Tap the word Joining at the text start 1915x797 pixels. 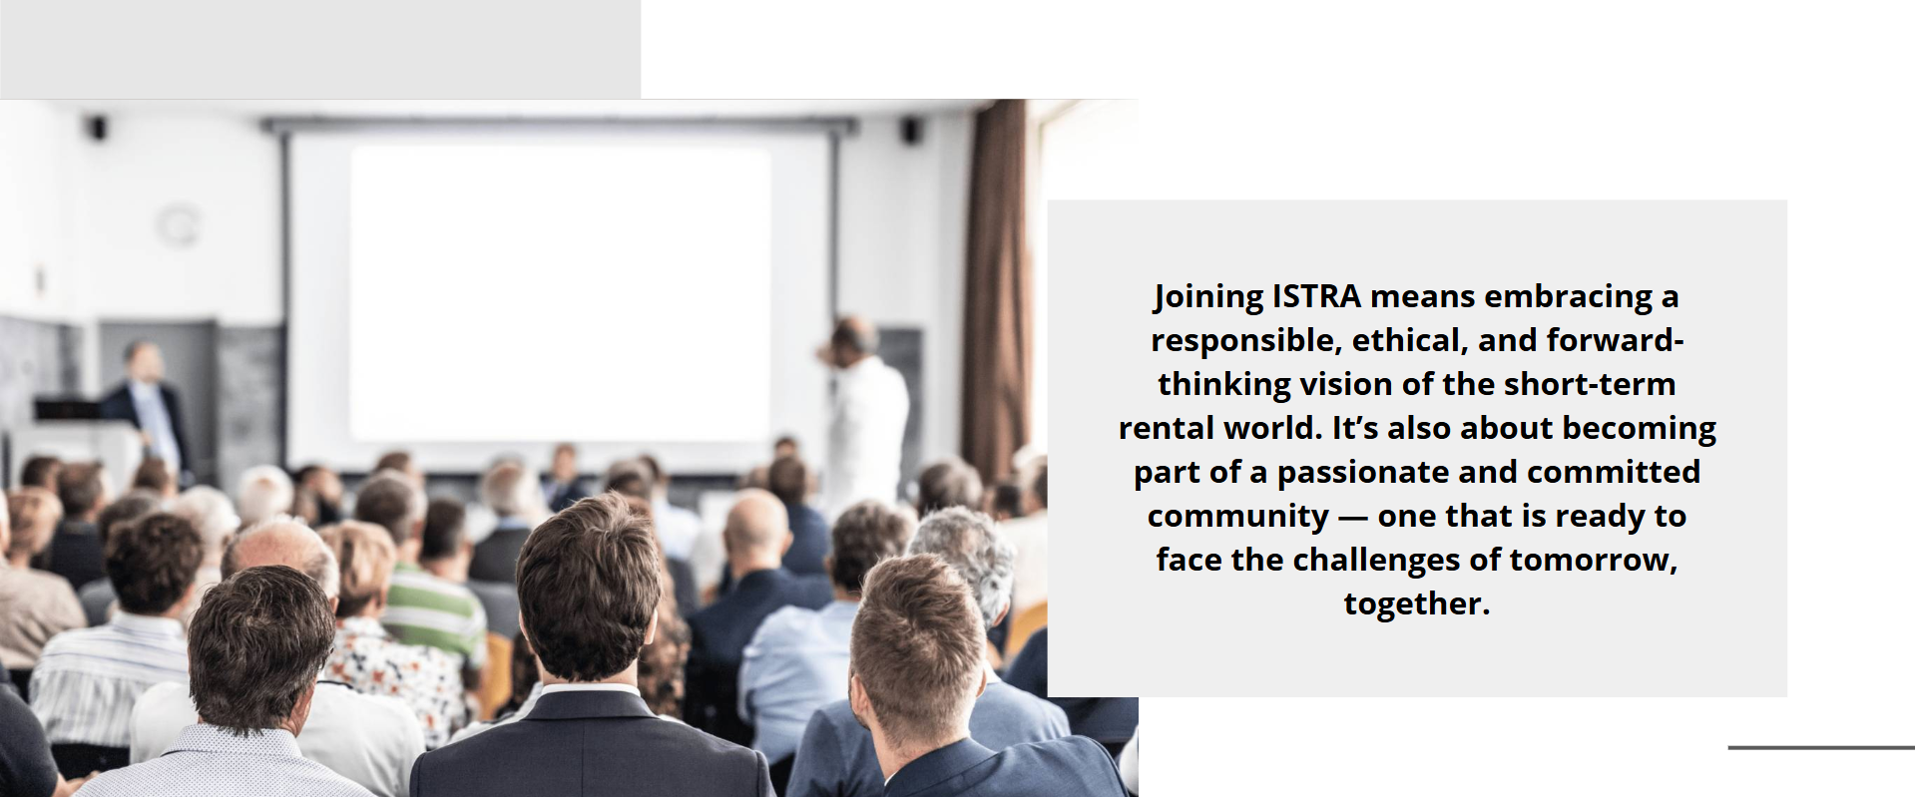(1208, 297)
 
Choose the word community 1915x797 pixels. (1237, 517)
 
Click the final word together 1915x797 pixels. (1417, 604)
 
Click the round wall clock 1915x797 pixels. (179, 224)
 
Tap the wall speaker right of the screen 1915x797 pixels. (911, 131)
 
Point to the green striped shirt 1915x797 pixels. (435, 608)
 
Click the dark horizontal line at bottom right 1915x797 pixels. (1821, 747)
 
